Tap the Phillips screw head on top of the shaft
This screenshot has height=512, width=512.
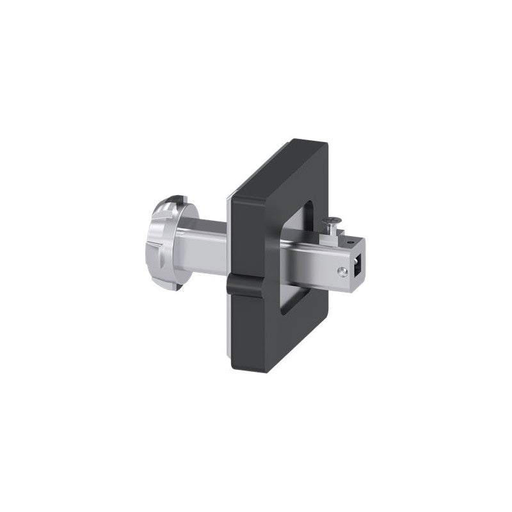[332, 222]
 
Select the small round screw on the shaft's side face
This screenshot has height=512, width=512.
[344, 271]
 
